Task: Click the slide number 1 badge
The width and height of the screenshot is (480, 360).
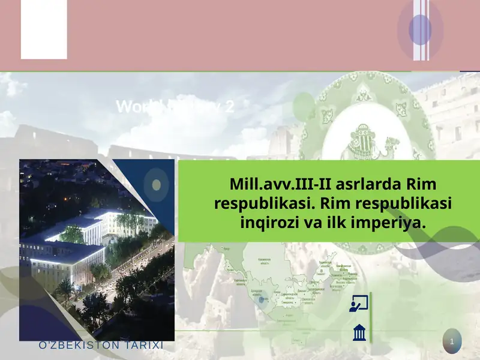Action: coord(451,342)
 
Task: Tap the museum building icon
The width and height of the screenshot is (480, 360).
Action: coord(359,332)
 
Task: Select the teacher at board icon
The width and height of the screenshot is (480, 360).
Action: coord(358,304)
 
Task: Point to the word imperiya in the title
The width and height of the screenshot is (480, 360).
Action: coord(391,223)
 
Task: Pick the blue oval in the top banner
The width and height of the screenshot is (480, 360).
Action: coord(420,29)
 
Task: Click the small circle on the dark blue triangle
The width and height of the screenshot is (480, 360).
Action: coord(157,184)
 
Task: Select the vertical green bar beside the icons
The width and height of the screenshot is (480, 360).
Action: coord(371,317)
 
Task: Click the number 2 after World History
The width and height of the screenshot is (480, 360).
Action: coord(229,107)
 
